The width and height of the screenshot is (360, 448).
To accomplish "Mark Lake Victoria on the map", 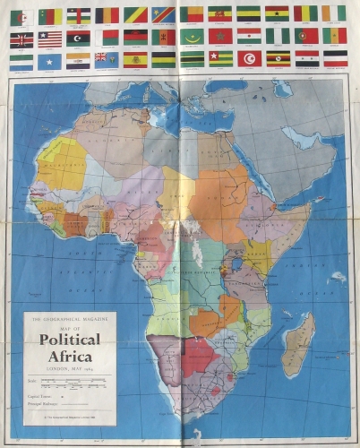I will pos(238,264).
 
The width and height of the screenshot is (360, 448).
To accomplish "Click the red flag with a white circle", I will pos(250,59).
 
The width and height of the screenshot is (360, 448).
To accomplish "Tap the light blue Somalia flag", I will pos(48,59).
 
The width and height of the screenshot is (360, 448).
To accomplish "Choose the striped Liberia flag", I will pos(49,38).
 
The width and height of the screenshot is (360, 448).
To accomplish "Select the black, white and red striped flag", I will pos(335,58).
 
